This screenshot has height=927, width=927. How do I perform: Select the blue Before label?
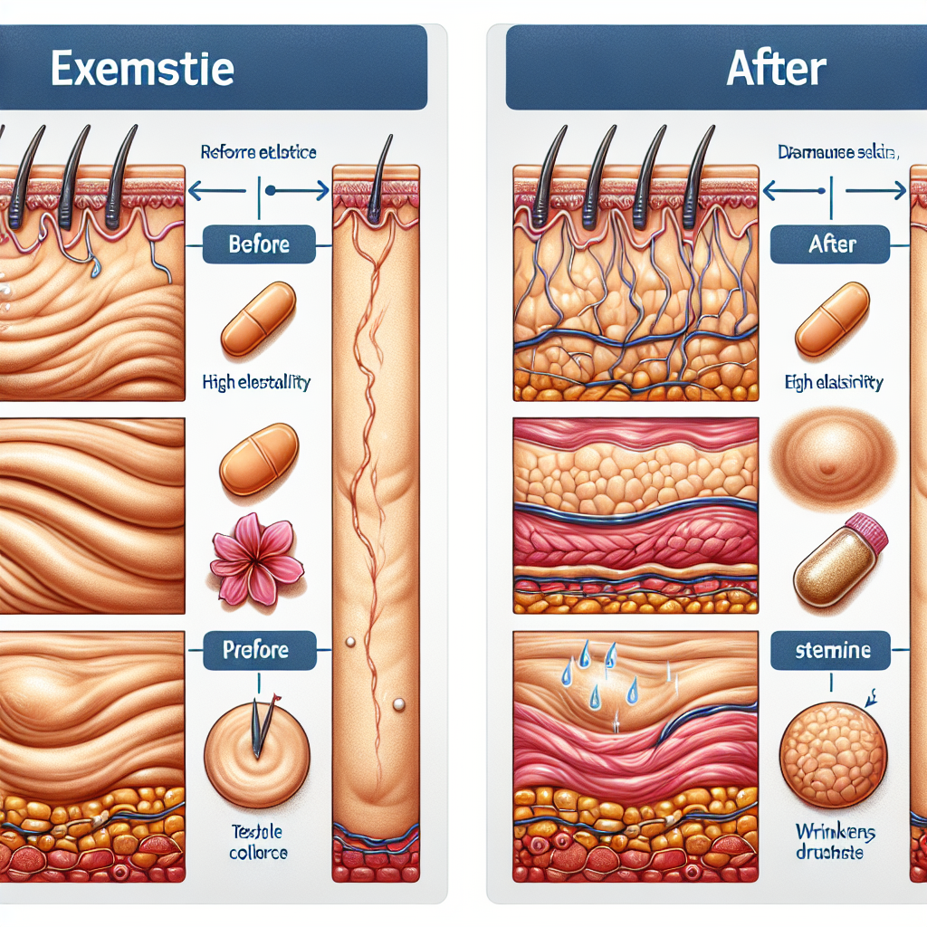point(259,244)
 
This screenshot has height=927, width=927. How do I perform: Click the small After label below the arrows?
point(830,244)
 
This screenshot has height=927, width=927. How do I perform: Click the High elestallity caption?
point(256,383)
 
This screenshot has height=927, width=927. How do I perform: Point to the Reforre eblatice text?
point(259,153)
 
